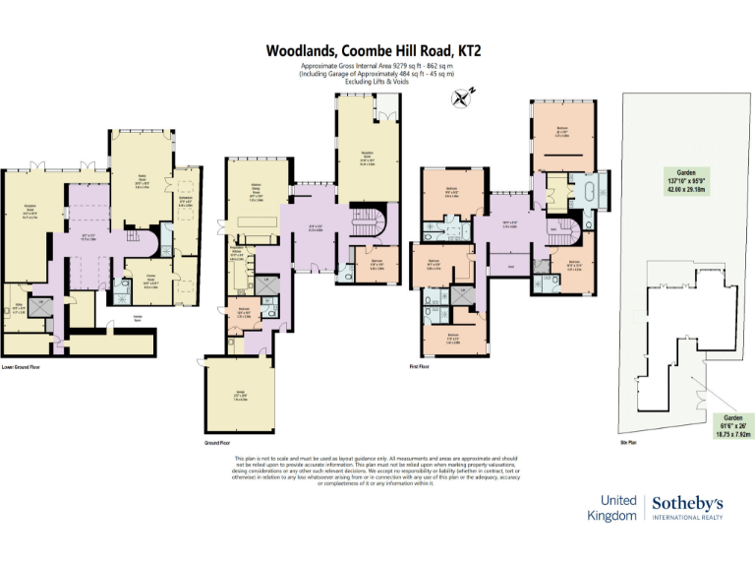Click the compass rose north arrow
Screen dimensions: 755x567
pyautogui.click(x=462, y=96)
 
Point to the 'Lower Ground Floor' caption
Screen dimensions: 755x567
pyautogui.click(x=22, y=367)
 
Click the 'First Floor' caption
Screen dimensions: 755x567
pyautogui.click(x=420, y=366)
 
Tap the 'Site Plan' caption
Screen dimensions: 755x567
pyautogui.click(x=630, y=443)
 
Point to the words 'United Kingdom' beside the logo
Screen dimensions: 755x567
pyautogui.click(x=611, y=508)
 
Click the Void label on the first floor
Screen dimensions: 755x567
pyautogui.click(x=511, y=266)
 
